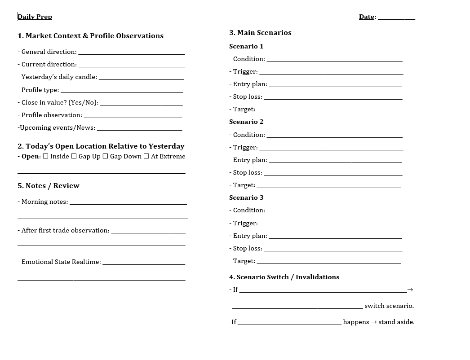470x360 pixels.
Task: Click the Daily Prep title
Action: pos(35,17)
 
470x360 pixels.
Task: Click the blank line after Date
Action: pos(396,18)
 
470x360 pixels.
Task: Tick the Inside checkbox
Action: pos(46,156)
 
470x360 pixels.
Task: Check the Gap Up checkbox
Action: pos(74,156)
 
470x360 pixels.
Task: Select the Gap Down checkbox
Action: pos(105,156)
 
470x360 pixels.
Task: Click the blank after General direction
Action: pos(132,53)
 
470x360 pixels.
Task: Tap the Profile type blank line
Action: pos(122,91)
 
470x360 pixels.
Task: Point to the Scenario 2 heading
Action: pos(246,122)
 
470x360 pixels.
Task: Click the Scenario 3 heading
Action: pos(246,198)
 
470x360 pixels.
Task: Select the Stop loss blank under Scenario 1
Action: pos(333,98)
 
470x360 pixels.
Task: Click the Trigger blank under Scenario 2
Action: pos(331,149)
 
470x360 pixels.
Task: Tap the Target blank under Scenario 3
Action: pos(328,262)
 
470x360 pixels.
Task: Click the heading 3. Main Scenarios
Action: pos(260,33)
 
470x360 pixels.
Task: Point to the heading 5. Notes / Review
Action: pos(49,186)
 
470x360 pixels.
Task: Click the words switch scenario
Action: pos(389,306)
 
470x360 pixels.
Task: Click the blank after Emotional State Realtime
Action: pos(144,263)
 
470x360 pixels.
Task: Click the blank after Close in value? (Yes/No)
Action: pos(141,104)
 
